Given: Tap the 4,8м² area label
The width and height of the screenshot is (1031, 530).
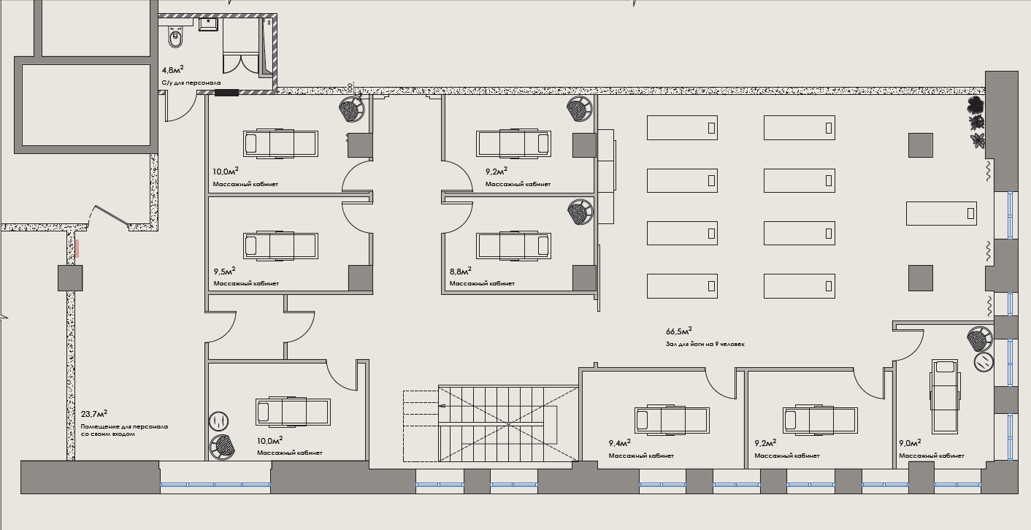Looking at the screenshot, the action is (x=172, y=70).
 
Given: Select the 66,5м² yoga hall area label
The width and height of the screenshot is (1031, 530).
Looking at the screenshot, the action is (x=679, y=331).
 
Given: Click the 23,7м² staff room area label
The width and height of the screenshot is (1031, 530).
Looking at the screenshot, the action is (x=94, y=414).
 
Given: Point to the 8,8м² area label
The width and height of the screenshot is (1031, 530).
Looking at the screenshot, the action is (x=460, y=272).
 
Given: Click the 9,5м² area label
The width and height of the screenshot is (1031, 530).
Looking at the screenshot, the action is (x=225, y=272).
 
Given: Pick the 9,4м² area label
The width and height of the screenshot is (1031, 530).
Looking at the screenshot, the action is (x=619, y=443).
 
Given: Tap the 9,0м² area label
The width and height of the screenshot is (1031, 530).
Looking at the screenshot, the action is (x=910, y=443).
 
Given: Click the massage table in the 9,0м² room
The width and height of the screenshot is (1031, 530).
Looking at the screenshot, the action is (x=944, y=397).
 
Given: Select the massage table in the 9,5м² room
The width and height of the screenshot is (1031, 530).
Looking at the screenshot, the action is (x=280, y=246).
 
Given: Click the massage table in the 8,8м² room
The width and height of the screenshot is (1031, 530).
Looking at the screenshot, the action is (x=513, y=246).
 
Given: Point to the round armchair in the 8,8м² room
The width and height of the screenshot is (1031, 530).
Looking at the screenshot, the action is (x=580, y=212).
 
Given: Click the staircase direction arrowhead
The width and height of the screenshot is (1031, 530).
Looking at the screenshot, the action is (x=442, y=406).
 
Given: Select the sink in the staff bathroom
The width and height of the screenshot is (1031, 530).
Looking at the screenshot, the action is (x=209, y=24).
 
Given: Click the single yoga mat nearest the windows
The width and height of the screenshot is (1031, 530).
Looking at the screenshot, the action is (x=941, y=213).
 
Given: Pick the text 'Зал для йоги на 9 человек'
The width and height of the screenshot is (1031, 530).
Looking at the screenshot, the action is (x=705, y=344).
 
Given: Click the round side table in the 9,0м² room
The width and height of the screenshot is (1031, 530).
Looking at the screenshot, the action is (x=984, y=363).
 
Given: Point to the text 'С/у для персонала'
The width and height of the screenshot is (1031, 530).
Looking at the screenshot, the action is (x=191, y=83).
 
